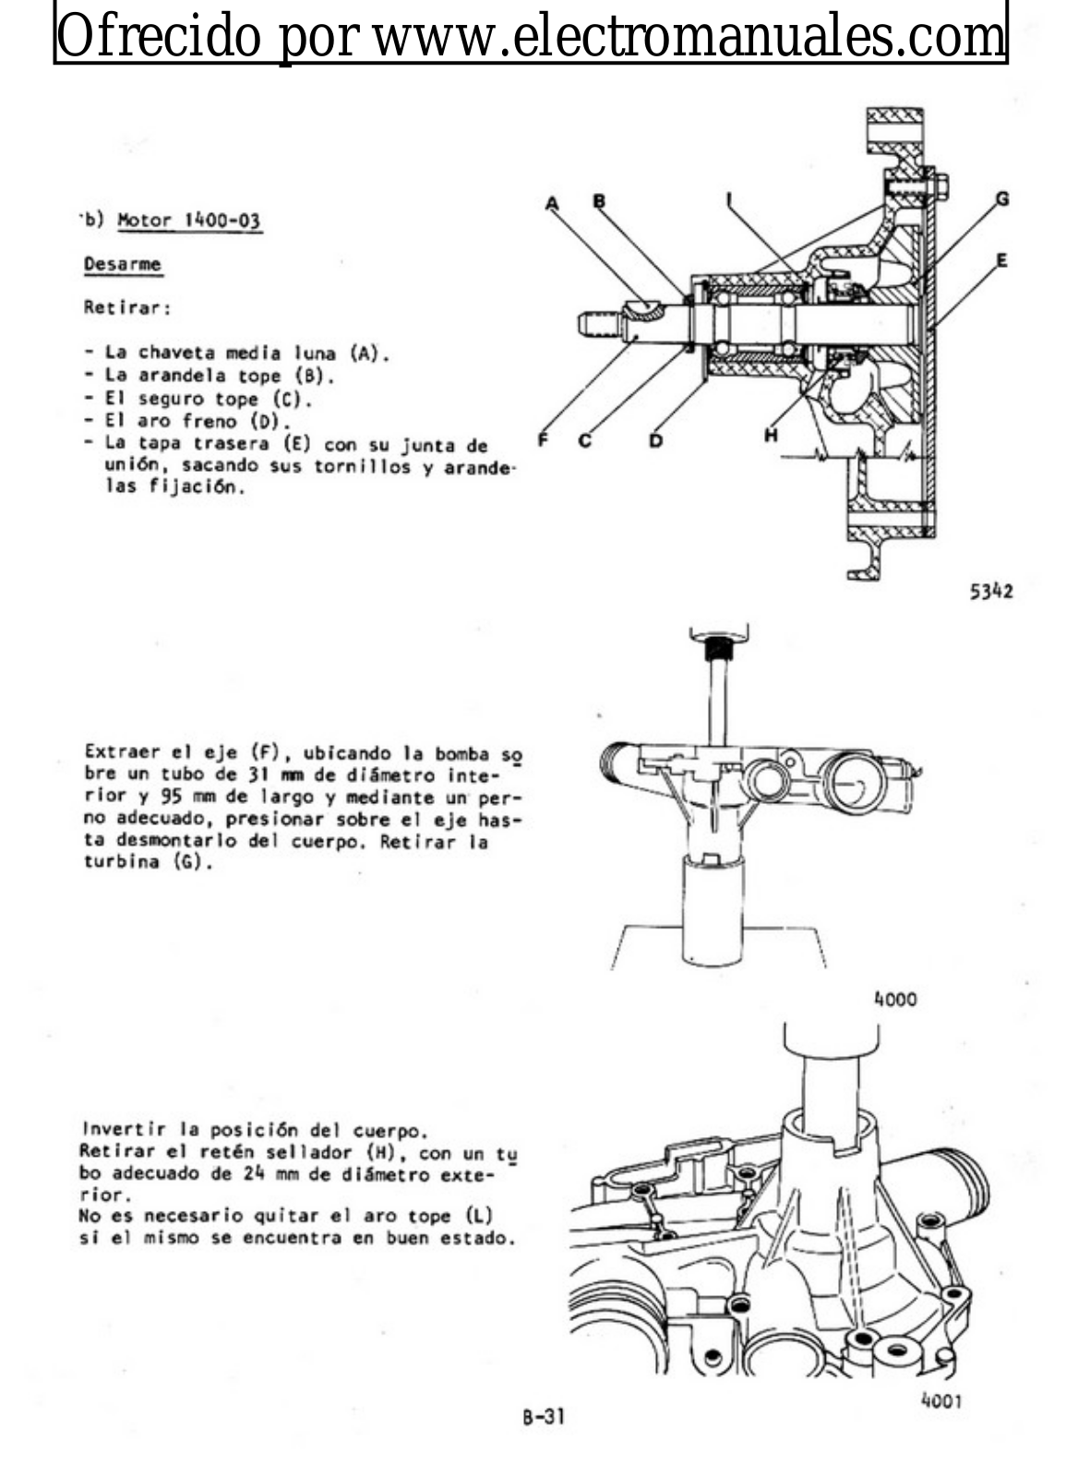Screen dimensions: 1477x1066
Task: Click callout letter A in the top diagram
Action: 553,202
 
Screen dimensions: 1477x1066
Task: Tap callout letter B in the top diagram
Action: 599,200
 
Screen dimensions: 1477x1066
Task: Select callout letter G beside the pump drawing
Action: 1001,198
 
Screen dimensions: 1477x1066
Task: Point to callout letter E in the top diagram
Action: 1001,260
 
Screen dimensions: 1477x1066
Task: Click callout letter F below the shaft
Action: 544,440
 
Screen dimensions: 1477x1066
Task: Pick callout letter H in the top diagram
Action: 771,436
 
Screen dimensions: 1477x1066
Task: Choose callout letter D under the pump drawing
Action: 655,440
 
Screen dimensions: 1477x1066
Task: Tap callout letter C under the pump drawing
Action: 585,440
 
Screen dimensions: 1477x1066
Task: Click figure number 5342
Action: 990,591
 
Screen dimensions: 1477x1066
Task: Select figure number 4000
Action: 894,999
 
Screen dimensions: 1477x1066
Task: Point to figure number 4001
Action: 940,1400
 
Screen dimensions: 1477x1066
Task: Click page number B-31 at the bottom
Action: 543,1415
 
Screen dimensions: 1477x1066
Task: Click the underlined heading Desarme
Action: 122,265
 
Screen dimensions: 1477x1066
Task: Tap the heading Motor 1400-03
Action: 189,222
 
